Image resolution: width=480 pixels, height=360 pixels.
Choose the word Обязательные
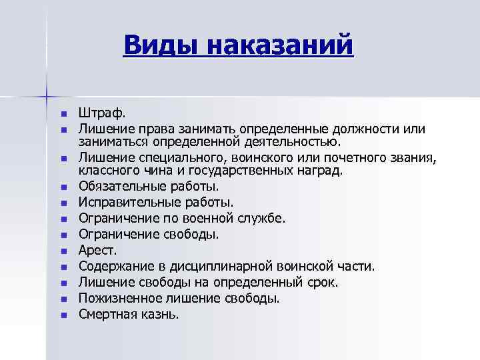pyautogui.click(x=121, y=187)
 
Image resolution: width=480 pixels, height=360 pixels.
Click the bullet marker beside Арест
pyautogui.click(x=63, y=251)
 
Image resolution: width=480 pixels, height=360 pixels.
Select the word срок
pyautogui.click(x=321, y=283)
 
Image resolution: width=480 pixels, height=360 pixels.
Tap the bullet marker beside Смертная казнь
pyautogui.click(x=63, y=315)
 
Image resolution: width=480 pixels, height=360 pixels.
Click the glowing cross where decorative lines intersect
pyautogui.click(x=47, y=96)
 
